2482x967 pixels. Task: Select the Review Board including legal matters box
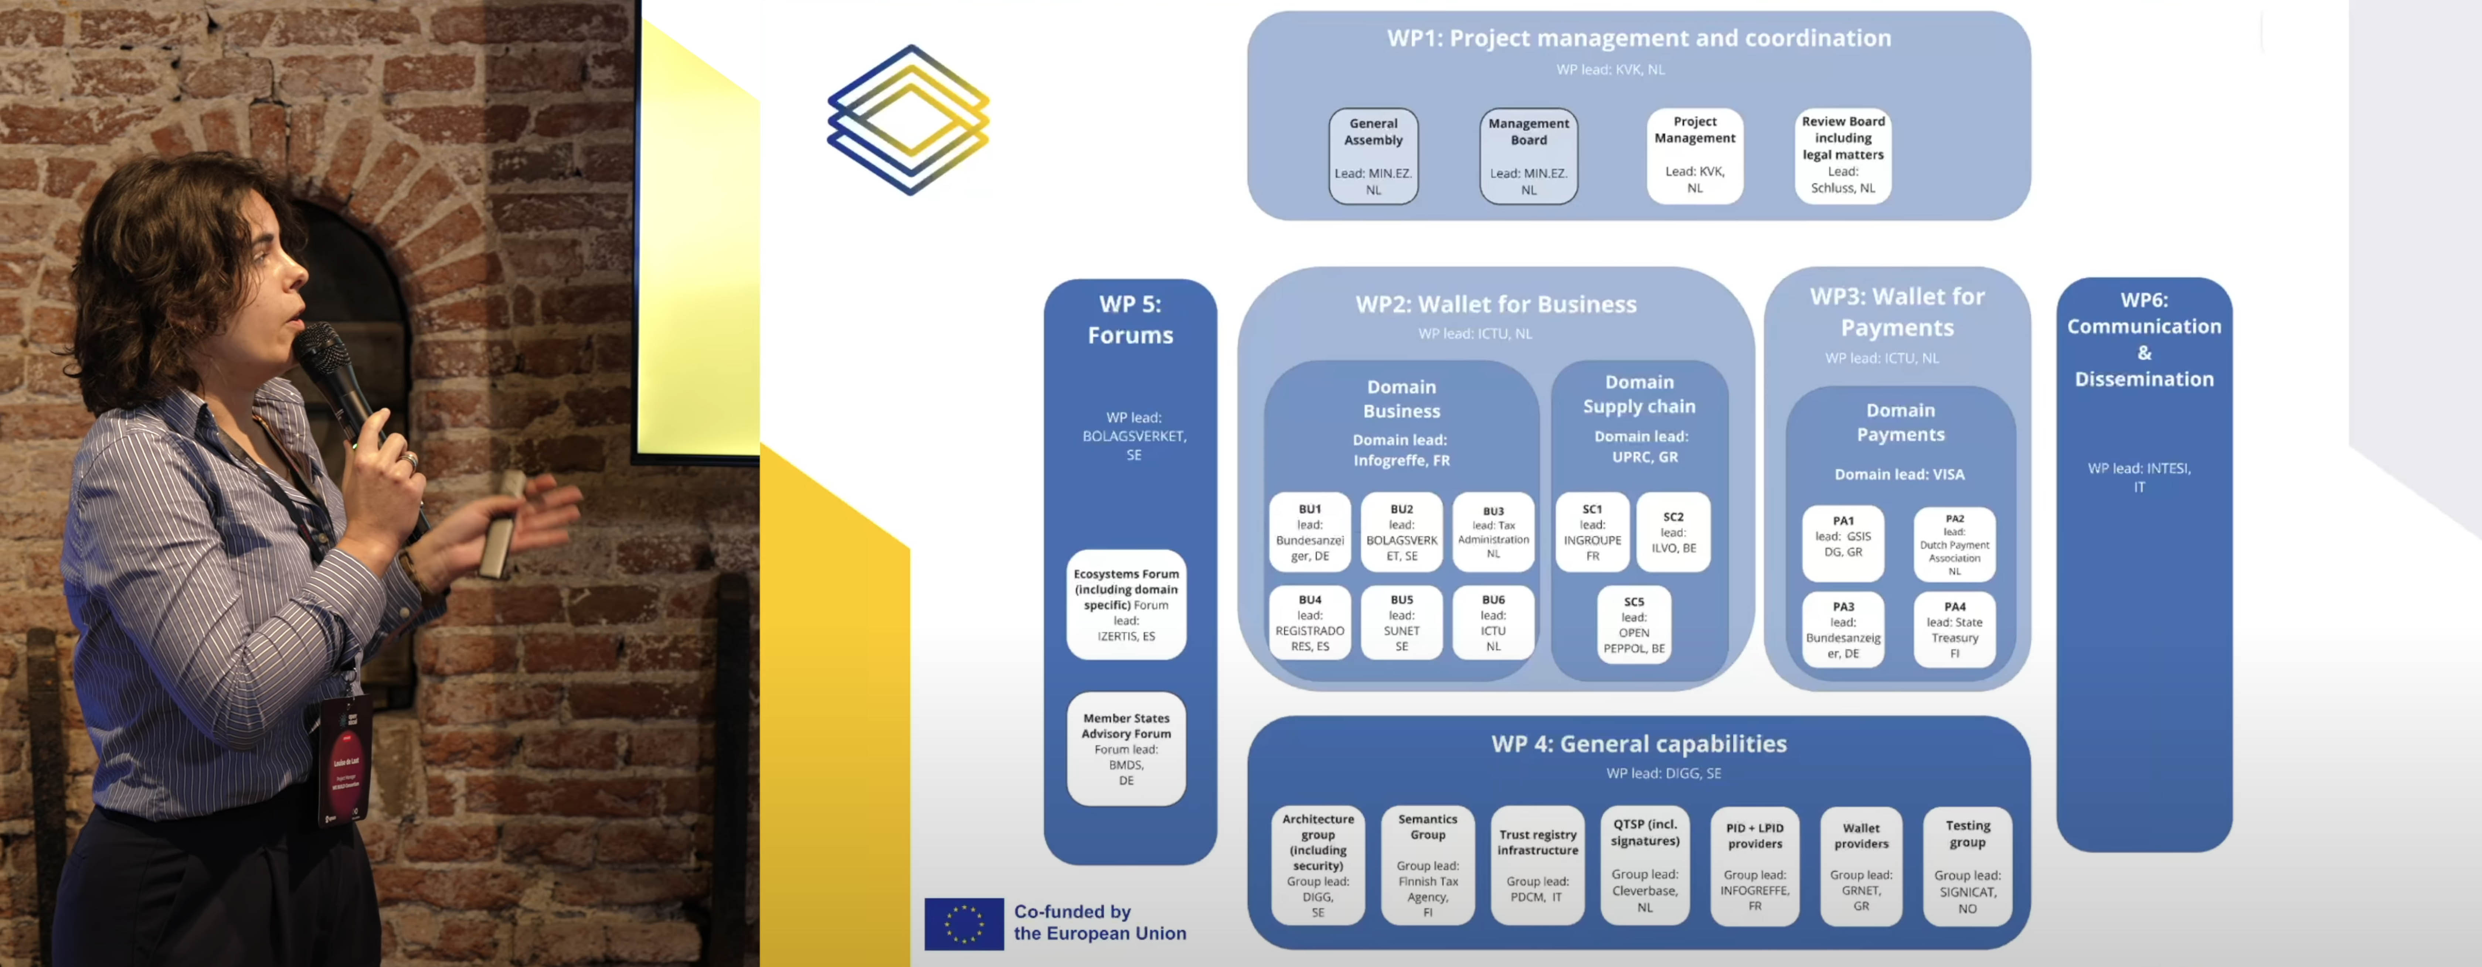point(1842,155)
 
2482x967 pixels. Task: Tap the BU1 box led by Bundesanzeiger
point(1309,533)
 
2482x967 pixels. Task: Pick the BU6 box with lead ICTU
point(1492,622)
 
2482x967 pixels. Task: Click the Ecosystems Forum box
point(1125,605)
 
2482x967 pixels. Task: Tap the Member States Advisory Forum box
point(1125,748)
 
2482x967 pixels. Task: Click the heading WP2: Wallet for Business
point(1495,304)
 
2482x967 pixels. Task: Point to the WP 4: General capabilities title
point(1638,744)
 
